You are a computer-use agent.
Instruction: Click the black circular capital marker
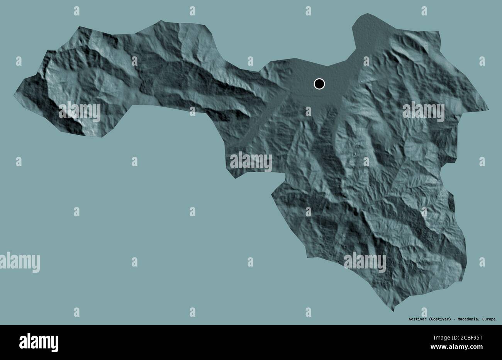tap(319, 84)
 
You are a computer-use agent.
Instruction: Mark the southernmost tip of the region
tap(393, 311)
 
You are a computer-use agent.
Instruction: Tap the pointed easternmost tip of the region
tap(488, 110)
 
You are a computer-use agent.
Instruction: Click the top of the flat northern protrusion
tap(365, 14)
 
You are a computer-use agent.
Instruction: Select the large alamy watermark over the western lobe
tap(80, 111)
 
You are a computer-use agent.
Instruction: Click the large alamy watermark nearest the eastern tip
tap(424, 111)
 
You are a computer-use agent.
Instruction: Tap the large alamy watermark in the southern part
tap(365, 263)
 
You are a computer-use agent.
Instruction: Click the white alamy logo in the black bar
tap(39, 342)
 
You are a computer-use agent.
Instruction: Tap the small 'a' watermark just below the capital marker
tap(308, 111)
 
